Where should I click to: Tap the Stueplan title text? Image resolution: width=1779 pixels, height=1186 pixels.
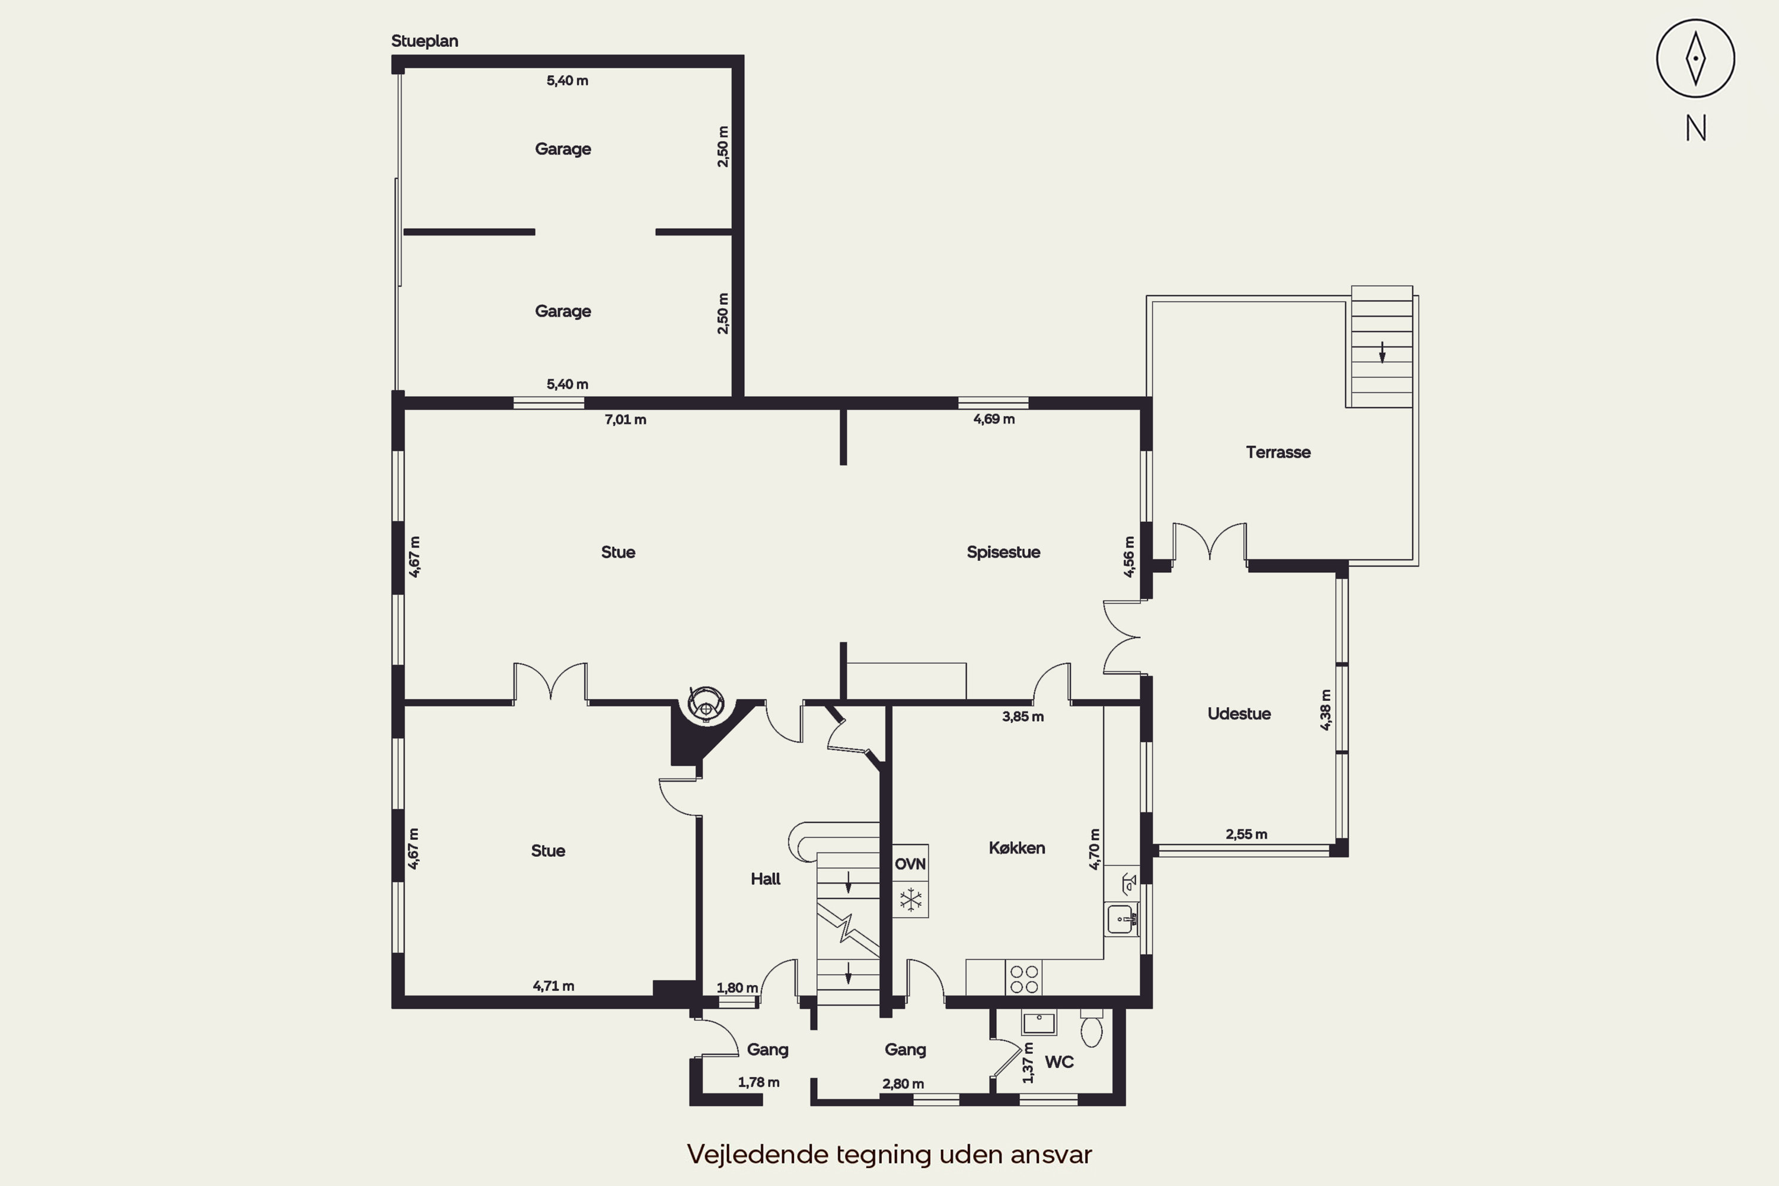click(425, 41)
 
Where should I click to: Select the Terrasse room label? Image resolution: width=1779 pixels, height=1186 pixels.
click(1277, 452)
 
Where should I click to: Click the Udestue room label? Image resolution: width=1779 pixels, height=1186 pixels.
click(1238, 713)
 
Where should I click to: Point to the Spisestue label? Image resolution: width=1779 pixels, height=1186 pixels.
click(1003, 552)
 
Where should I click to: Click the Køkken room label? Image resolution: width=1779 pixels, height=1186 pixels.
click(1016, 848)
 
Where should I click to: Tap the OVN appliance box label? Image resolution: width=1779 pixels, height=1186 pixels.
click(910, 864)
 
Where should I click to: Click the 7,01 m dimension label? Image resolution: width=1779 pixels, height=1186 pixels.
click(625, 420)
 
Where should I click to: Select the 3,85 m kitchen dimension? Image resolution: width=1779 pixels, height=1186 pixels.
click(1022, 716)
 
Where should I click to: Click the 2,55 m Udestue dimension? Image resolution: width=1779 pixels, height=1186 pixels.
click(1246, 834)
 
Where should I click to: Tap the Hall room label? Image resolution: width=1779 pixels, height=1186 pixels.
click(765, 879)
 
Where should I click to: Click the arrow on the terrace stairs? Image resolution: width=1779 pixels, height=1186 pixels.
click(1382, 352)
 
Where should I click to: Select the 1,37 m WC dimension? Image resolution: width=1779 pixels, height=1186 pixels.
click(1027, 1063)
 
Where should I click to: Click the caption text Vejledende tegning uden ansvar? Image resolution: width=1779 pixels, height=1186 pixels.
click(889, 1154)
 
